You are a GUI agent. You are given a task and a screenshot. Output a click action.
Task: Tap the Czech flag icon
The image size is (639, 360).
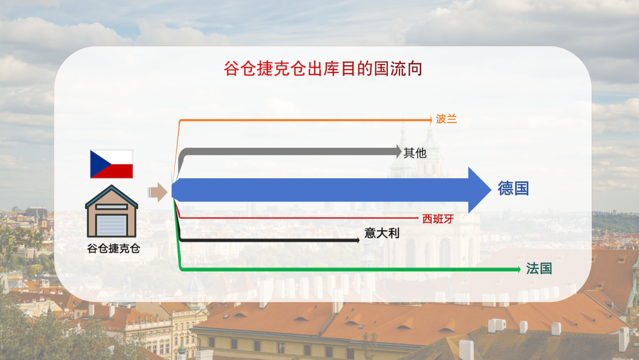111,164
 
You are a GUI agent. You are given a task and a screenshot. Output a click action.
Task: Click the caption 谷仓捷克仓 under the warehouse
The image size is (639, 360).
113,249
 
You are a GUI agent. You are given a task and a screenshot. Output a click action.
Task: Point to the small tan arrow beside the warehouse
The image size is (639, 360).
157,191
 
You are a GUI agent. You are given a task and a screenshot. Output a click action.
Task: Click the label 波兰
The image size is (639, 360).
446,119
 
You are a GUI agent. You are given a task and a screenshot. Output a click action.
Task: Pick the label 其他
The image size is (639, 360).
415,153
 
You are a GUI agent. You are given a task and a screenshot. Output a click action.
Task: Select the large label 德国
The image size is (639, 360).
513,189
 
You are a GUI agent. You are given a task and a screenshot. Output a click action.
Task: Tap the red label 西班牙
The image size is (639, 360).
438,218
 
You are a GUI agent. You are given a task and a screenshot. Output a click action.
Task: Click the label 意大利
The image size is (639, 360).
382,233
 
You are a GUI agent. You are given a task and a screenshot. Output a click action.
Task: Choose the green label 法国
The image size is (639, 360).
539,268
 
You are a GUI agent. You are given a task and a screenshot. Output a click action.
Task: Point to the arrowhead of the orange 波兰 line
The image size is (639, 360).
430,120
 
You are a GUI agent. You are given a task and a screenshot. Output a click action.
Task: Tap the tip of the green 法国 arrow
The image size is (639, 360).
519,269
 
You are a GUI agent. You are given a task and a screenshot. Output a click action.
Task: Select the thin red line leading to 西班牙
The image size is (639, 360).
296,218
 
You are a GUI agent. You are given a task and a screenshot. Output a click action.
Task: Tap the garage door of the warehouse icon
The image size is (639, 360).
112,225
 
